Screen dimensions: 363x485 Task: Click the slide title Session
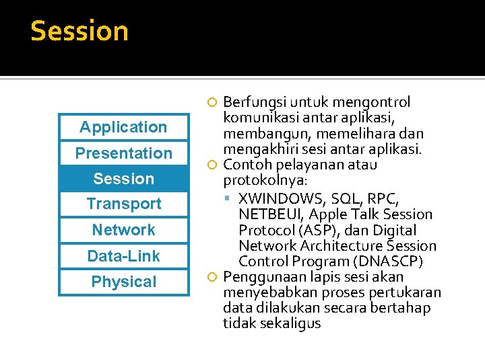pos(79,32)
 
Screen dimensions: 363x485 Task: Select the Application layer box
pos(123,127)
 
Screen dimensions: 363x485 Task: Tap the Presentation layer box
pos(123,153)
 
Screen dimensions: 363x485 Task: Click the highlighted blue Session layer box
pos(123,179)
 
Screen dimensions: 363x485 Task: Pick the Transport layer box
pos(123,204)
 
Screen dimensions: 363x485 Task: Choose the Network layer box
pos(123,230)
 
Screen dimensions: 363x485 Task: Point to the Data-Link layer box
pos(123,256)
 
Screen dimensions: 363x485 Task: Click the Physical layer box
pos(123,282)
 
